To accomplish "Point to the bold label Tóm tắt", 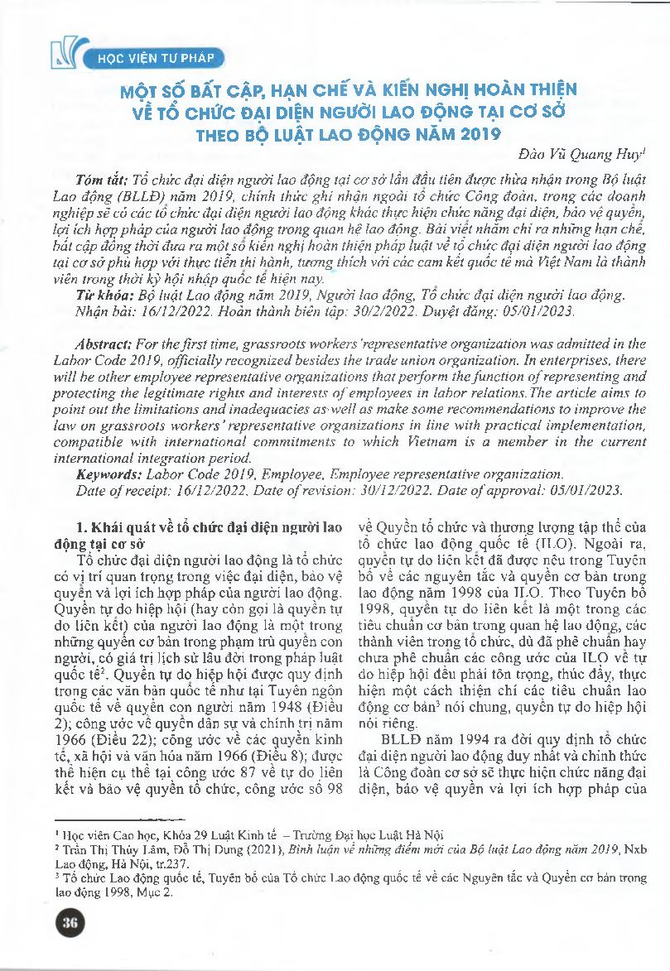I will click(x=99, y=180).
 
